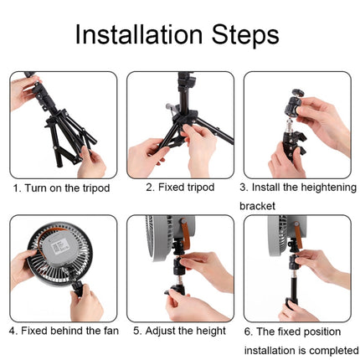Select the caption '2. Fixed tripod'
pyautogui.click(x=179, y=188)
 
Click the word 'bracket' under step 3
pyautogui.click(x=258, y=205)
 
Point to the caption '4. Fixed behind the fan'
pyautogui.click(x=64, y=331)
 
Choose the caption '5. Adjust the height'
pyautogui.click(x=179, y=331)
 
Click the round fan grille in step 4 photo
pyautogui.click(x=57, y=251)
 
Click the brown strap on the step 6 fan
pyautogui.click(x=299, y=239)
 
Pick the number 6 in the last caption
pyautogui.click(x=248, y=331)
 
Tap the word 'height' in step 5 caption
pyautogui.click(x=210, y=331)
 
